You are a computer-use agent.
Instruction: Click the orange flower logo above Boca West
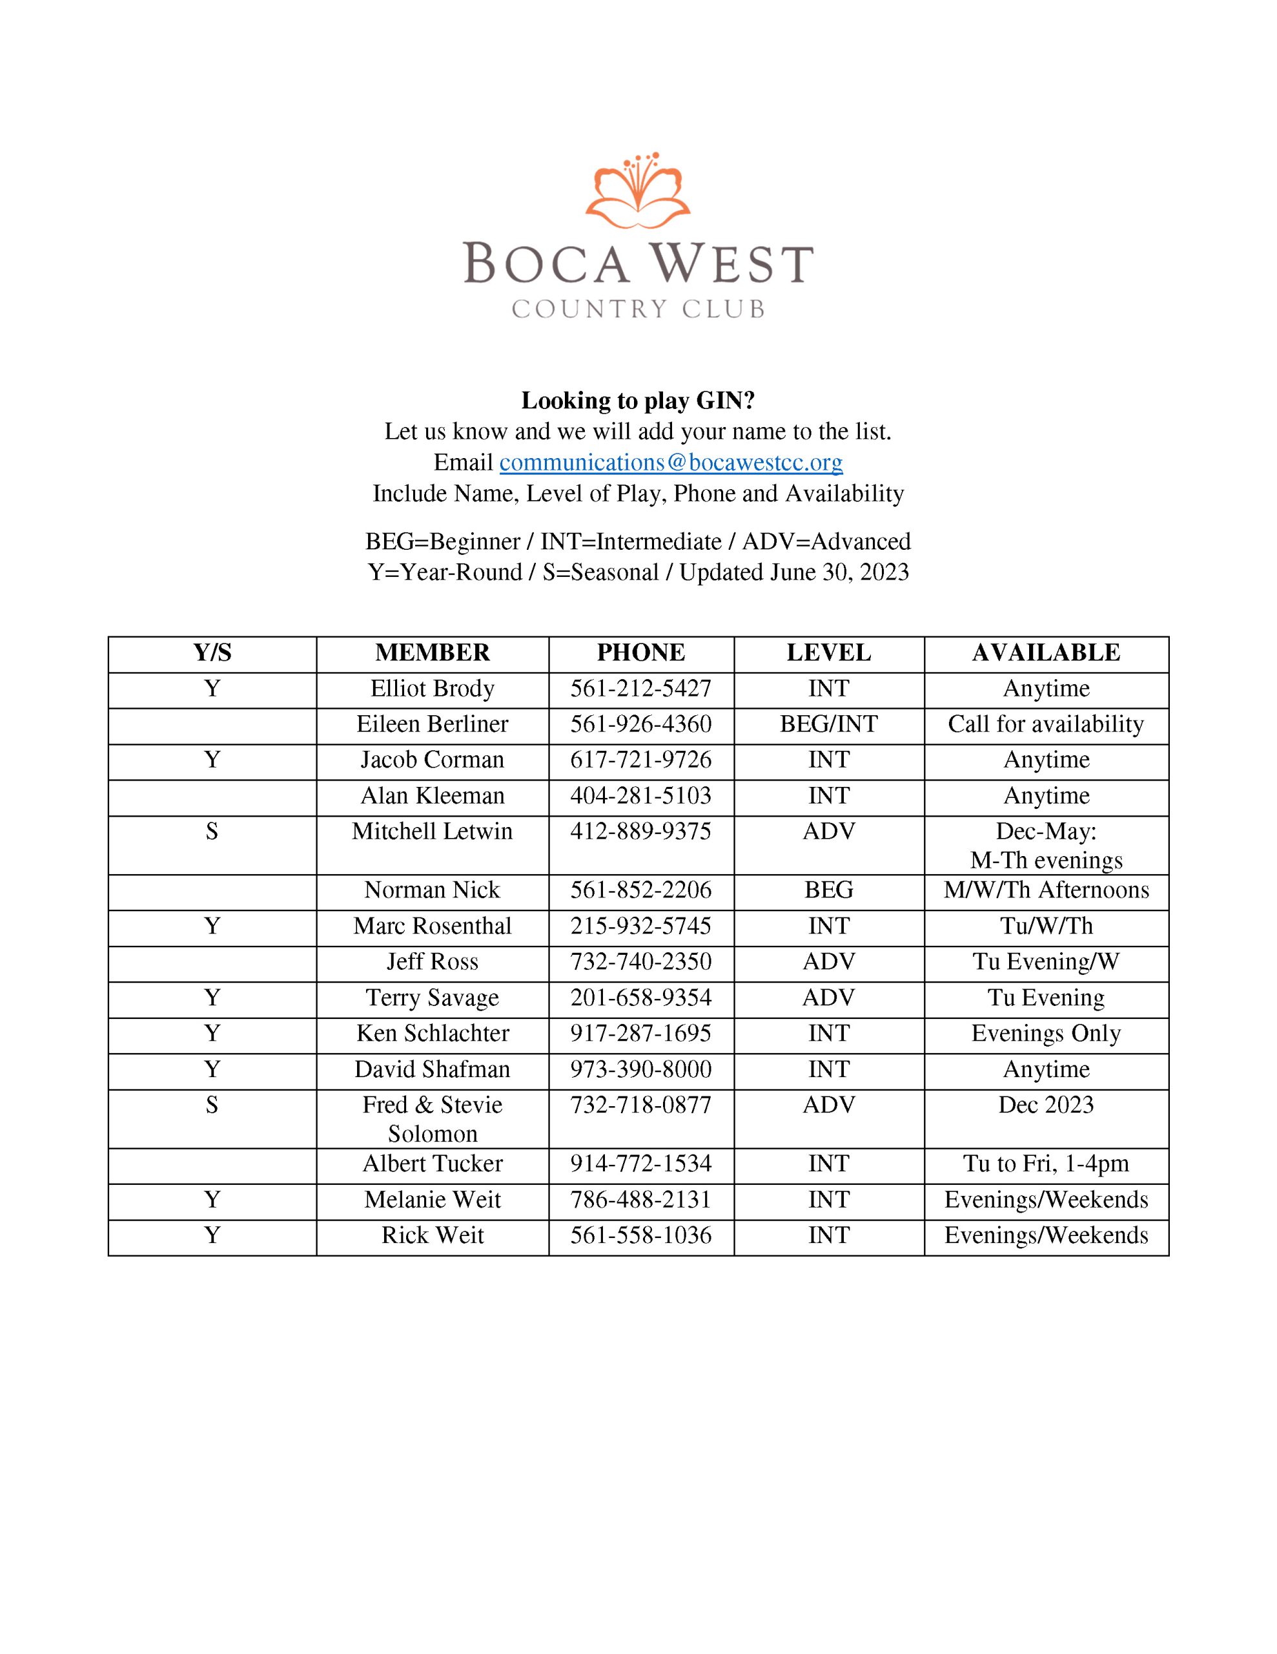point(637,191)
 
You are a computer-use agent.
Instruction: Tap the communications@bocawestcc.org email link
point(671,462)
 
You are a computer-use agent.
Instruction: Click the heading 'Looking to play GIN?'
point(637,400)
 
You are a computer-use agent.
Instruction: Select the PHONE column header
point(640,653)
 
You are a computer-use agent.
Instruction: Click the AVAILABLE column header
point(1045,653)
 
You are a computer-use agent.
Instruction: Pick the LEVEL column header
point(828,653)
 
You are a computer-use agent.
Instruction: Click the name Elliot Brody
point(432,688)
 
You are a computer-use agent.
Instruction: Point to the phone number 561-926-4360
point(640,724)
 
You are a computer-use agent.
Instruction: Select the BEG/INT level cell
point(828,724)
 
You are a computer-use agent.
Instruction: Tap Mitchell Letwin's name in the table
point(432,832)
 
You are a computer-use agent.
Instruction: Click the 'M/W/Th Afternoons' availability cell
point(1045,890)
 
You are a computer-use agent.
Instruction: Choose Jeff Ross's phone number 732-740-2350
point(640,962)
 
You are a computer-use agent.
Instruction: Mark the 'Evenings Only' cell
point(1045,1034)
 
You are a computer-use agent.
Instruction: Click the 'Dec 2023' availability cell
point(1045,1105)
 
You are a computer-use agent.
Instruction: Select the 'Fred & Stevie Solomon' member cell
point(432,1119)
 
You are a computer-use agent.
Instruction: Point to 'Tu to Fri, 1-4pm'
point(1045,1164)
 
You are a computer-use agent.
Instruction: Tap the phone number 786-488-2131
point(640,1200)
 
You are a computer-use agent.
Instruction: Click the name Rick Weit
point(432,1235)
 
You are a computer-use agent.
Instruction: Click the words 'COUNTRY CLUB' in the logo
point(637,309)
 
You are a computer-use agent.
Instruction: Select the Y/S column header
point(212,653)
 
